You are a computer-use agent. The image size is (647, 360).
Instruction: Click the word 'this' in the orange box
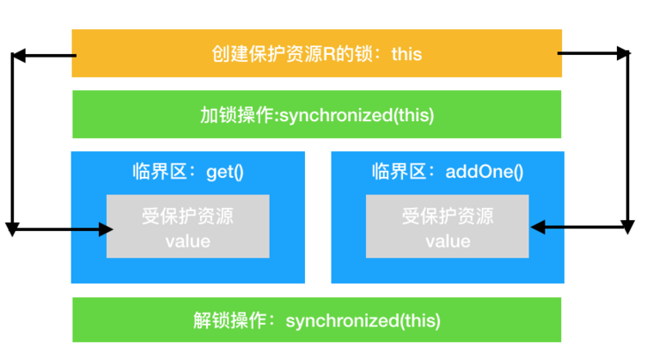[x=405, y=54]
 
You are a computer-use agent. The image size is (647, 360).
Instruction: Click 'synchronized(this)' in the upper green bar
[x=356, y=115]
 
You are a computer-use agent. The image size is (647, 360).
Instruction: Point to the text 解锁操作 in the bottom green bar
[x=228, y=320]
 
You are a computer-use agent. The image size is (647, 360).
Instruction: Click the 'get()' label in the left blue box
[x=224, y=172]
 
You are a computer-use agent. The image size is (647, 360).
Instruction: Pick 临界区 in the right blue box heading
[x=397, y=172]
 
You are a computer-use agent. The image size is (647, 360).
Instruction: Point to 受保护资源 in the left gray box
[x=187, y=218]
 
